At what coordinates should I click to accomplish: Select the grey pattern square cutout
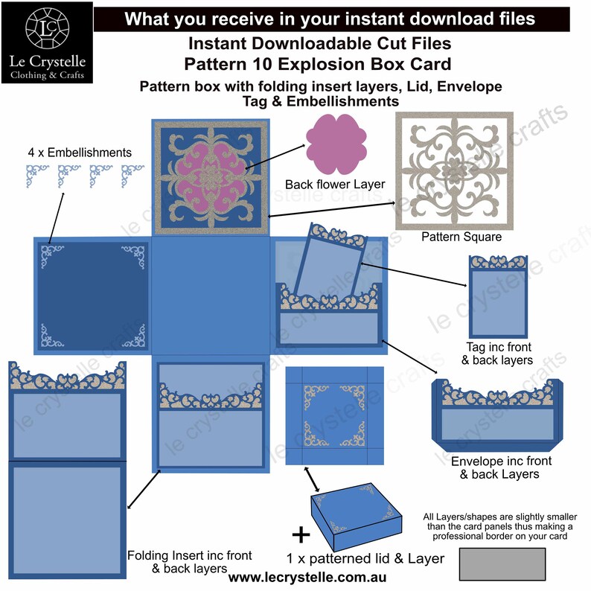coord(455,170)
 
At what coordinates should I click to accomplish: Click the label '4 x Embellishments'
coord(80,153)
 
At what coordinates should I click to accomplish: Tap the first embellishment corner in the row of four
coord(34,174)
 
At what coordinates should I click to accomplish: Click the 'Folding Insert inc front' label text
coord(189,555)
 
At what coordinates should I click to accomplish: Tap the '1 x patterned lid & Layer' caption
coord(365,558)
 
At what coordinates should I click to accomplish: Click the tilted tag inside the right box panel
coord(326,264)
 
